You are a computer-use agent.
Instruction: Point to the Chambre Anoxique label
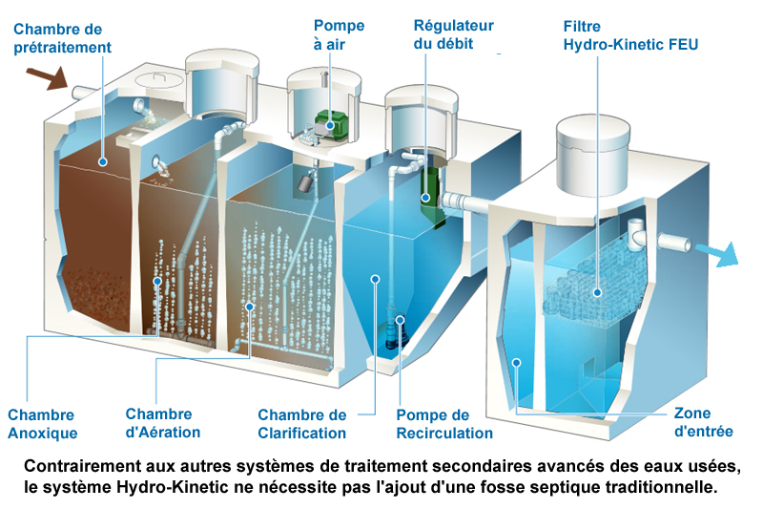(x=42, y=424)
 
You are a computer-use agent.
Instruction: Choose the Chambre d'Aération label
(x=163, y=423)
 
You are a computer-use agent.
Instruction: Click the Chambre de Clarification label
(x=302, y=424)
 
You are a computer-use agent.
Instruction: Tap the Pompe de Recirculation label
(x=445, y=424)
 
